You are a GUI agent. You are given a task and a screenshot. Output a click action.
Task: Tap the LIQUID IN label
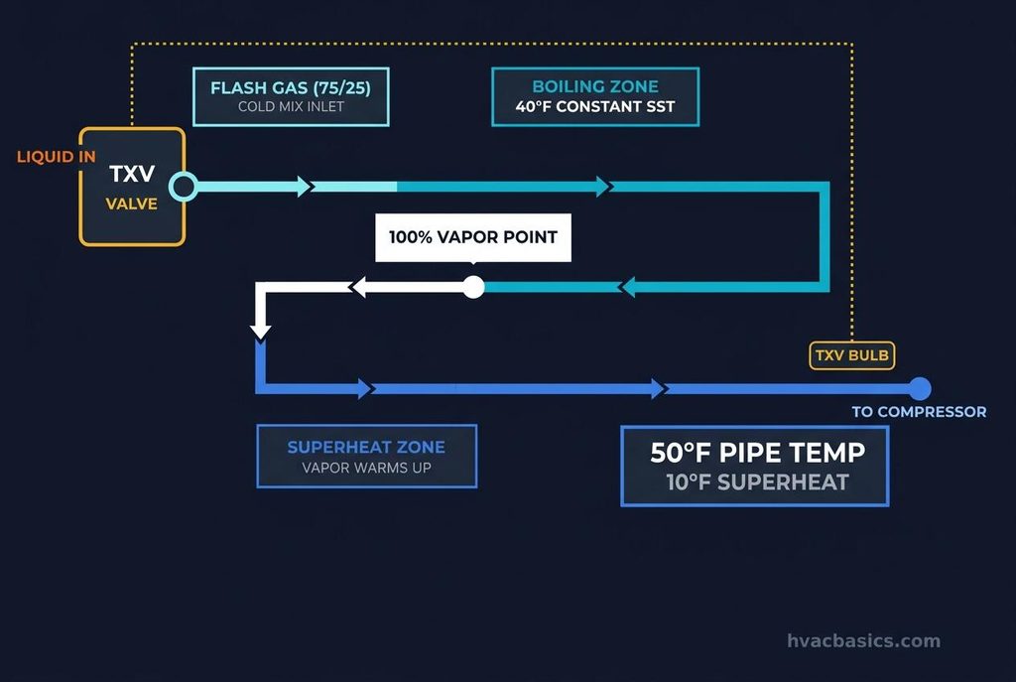point(57,156)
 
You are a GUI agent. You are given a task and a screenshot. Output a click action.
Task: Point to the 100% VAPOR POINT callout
point(473,237)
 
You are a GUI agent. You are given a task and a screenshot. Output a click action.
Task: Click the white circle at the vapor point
point(473,287)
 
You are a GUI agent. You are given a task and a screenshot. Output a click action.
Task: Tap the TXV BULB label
point(852,355)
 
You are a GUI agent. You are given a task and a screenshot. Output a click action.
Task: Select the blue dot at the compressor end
point(919,389)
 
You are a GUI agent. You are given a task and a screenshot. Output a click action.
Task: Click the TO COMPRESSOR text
point(919,412)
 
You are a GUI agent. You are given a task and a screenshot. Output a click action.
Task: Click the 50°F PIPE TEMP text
point(757,453)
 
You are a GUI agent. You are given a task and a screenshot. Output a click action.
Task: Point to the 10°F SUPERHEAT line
point(757,482)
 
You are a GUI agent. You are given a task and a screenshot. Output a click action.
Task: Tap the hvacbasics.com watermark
point(864,640)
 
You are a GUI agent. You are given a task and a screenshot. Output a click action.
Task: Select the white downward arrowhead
point(261,330)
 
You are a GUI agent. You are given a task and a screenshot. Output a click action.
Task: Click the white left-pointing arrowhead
point(359,287)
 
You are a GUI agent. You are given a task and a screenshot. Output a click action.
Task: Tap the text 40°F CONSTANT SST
point(595,106)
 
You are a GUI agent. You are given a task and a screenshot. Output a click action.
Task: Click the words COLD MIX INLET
point(291,106)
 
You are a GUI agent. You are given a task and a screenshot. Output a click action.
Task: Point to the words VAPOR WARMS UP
point(367,468)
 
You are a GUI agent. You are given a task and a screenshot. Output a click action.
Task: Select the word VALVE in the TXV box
point(132,204)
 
